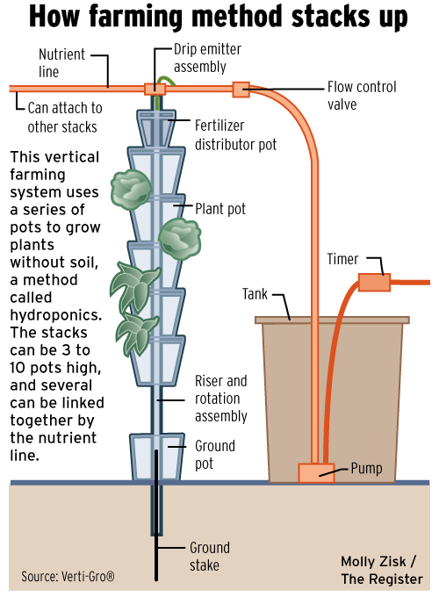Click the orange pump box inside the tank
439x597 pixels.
[x=316, y=473]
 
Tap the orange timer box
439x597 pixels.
[x=374, y=283]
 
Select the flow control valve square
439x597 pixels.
[x=241, y=90]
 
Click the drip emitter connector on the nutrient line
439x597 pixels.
[x=155, y=89]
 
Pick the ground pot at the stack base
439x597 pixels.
[x=157, y=457]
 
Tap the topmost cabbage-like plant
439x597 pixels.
[x=131, y=190]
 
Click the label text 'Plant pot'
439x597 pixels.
[x=220, y=209]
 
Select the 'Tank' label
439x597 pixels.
[x=255, y=294]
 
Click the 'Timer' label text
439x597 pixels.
[x=342, y=259]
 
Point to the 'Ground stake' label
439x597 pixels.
[x=210, y=557]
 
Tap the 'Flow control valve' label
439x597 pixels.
[x=362, y=96]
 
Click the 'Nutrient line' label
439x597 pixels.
[x=61, y=63]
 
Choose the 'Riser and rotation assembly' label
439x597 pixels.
[x=221, y=399]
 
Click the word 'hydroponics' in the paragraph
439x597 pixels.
[x=56, y=315]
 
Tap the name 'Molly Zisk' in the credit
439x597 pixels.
[x=373, y=562]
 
